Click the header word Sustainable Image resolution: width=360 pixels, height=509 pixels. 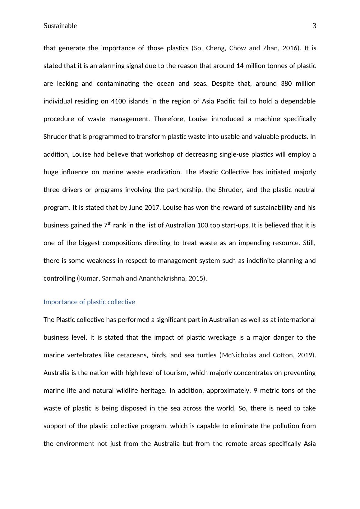tap(60, 26)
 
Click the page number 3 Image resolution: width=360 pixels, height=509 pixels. tap(314, 26)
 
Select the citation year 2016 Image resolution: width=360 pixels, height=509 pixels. tap(290, 48)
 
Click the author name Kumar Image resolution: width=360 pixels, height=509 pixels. tap(89, 278)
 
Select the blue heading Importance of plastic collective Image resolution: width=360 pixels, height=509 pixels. tap(89, 302)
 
